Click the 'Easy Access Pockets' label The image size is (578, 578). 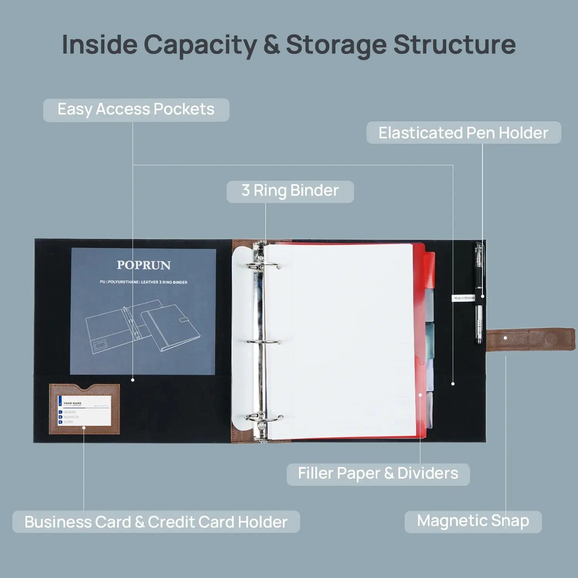point(136,110)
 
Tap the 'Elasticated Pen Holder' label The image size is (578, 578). point(464,133)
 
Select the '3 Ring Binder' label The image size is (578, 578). point(290,191)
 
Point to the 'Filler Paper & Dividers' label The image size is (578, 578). point(378,474)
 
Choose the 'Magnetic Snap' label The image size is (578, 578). point(473,521)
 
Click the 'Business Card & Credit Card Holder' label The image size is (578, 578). point(156,522)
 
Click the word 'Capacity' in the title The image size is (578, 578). point(200,45)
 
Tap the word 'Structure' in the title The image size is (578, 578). point(454,45)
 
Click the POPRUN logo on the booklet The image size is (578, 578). point(144,265)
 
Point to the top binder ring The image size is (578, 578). point(265,266)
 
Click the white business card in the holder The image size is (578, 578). point(84,411)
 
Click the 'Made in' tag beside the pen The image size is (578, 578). point(464,298)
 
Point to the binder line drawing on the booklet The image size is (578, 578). point(143,328)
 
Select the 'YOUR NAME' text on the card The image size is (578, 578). point(72,403)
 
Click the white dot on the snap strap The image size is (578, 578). point(505,338)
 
